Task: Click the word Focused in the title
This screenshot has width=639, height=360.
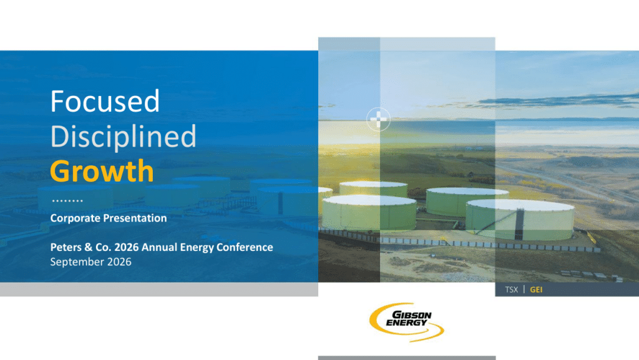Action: (x=105, y=101)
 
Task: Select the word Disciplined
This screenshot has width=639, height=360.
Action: (x=123, y=136)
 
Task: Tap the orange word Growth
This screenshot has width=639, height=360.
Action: (x=102, y=170)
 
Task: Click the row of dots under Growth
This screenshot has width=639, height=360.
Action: (x=67, y=200)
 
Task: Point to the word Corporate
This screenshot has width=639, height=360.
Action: (x=72, y=218)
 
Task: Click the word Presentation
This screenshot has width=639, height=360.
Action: (x=131, y=218)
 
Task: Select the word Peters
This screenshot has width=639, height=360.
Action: (x=66, y=247)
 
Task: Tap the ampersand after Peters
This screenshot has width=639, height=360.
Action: (x=89, y=247)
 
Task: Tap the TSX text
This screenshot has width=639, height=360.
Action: (x=512, y=289)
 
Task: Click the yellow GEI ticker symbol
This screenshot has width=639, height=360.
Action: (x=536, y=289)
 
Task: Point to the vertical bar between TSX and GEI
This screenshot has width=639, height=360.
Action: (x=524, y=289)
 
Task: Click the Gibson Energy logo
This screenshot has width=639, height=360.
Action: (x=406, y=322)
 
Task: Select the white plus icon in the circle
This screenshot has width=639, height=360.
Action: (x=378, y=119)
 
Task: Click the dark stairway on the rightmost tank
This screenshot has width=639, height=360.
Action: (x=519, y=223)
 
